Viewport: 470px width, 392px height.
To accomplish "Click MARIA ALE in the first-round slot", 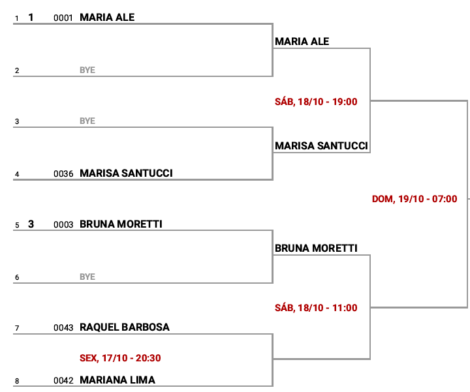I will tap(107, 18).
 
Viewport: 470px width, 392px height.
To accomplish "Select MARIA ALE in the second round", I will tap(302, 41).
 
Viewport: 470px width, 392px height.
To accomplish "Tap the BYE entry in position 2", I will tap(87, 70).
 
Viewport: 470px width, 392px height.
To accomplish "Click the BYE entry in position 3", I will tap(87, 121).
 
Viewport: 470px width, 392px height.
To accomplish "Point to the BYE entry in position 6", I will tap(87, 277).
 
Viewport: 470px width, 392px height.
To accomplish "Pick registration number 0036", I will tap(63, 174).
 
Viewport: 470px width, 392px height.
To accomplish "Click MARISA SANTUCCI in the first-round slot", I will tap(126, 173).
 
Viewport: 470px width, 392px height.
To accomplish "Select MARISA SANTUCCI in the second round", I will tap(321, 145).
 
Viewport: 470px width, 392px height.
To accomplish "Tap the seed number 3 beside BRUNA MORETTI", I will tap(31, 224).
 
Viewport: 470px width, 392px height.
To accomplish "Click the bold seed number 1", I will tap(31, 18).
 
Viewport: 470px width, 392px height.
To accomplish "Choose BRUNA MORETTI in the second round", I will tap(316, 249).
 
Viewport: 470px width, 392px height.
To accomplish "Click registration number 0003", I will tap(63, 225).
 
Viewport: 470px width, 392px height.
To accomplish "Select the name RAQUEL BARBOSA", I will tap(124, 327).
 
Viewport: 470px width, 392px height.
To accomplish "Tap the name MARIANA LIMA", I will tap(117, 380).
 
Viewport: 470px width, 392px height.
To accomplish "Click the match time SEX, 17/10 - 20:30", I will tap(120, 357).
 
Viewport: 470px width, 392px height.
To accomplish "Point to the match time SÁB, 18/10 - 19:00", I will tap(316, 102).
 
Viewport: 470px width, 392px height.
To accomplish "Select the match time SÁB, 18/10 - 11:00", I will tap(316, 308).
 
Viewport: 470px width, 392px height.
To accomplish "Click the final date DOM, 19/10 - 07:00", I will tap(414, 199).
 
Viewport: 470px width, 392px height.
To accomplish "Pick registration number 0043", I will tap(63, 328).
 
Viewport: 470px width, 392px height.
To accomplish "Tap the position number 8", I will tap(17, 382).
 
